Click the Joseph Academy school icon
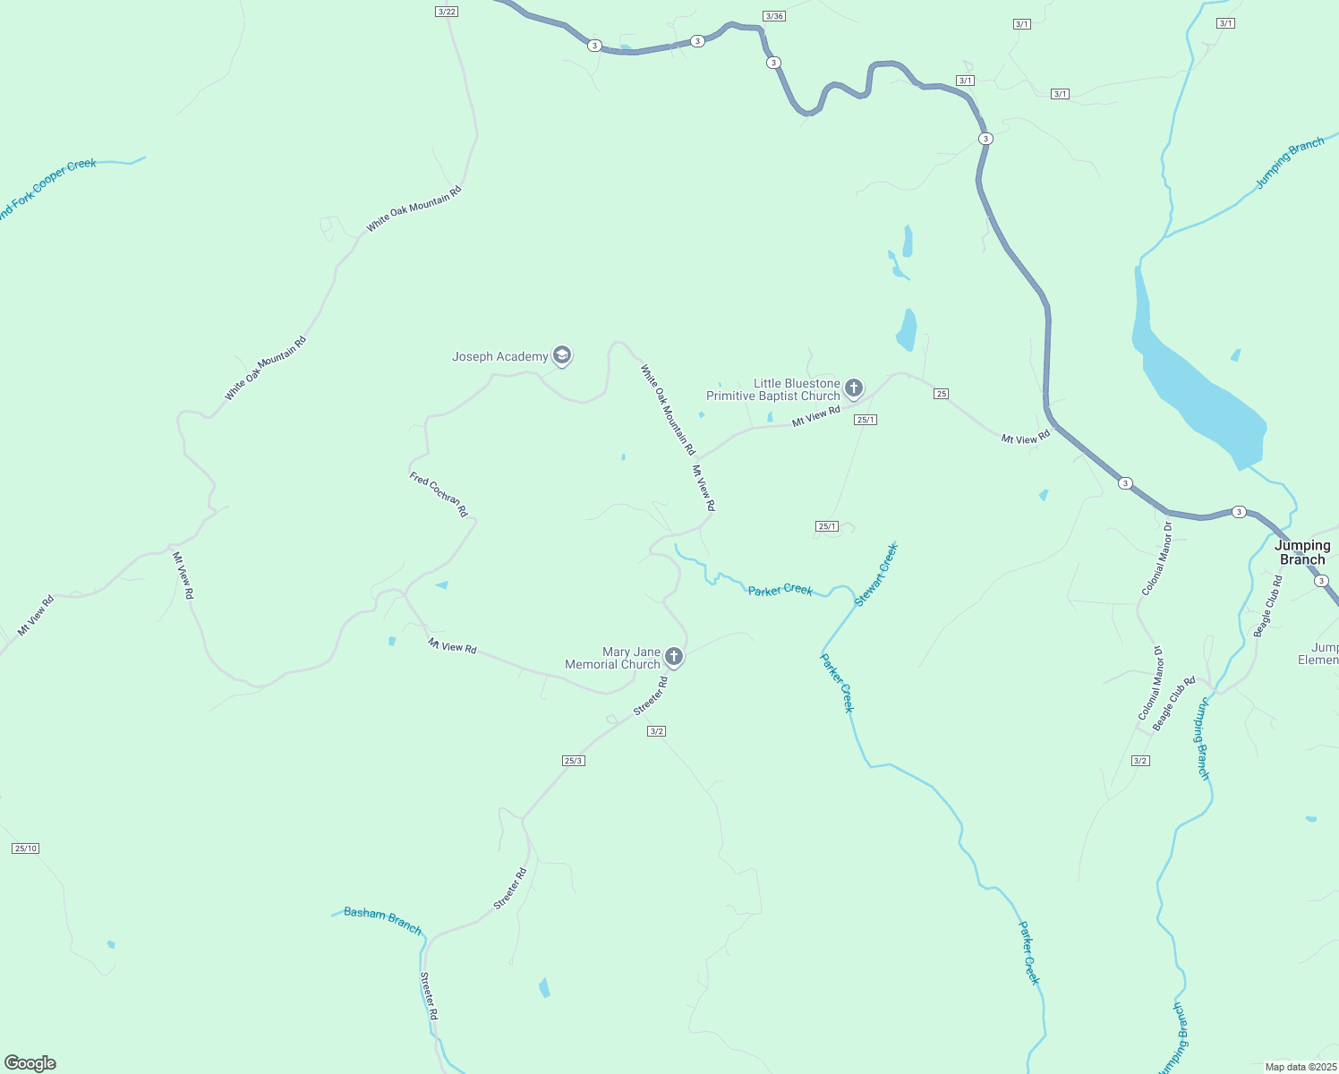[562, 356]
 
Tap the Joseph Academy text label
[499, 357]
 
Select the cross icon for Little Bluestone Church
[854, 388]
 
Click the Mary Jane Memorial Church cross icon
[674, 657]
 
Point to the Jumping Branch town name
[1302, 552]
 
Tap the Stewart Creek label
[875, 575]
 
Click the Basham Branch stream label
[382, 920]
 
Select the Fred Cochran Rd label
[439, 494]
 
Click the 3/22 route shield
[446, 12]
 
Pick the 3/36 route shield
[774, 16]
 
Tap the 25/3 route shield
[574, 761]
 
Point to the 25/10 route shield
[26, 848]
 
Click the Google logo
[30, 1063]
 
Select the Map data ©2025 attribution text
[1300, 1067]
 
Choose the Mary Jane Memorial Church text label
[613, 658]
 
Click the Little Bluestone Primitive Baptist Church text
[773, 389]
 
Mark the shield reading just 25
[941, 394]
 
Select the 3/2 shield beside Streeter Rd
[656, 731]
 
